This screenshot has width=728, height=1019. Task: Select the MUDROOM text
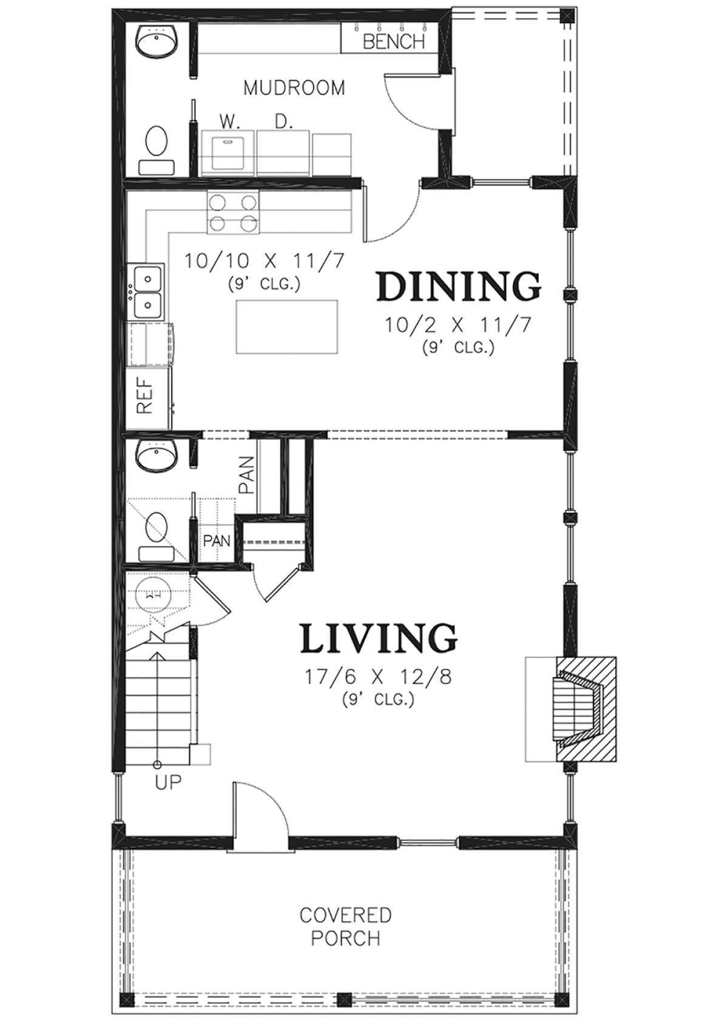point(294,88)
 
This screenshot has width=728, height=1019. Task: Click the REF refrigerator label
point(145,395)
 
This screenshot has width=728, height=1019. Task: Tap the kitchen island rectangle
point(286,326)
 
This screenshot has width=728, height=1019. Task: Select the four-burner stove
point(233,212)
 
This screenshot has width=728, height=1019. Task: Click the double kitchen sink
point(146,289)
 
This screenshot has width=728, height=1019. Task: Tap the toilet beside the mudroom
point(157,150)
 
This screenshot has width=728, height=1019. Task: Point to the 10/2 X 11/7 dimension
point(458,326)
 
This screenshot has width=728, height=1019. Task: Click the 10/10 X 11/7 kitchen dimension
point(263,261)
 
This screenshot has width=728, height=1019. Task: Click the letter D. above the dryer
point(283,122)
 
